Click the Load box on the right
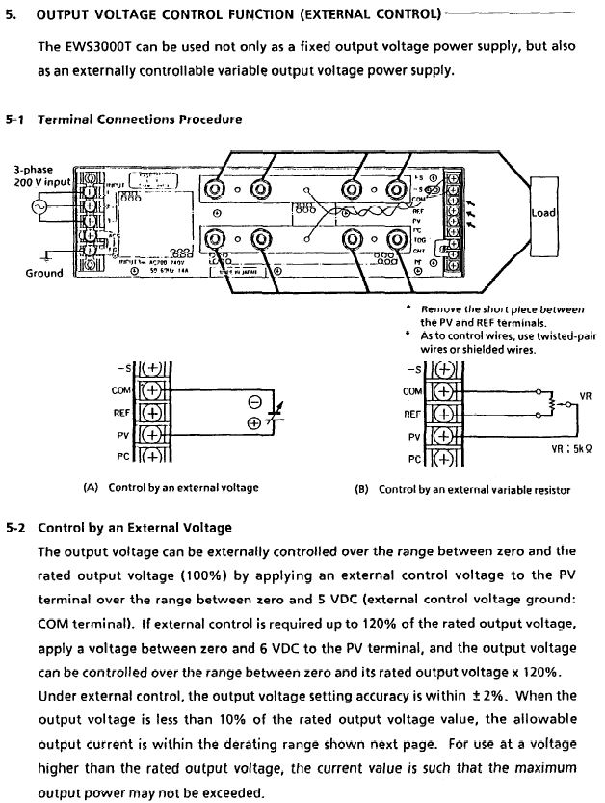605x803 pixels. coord(544,212)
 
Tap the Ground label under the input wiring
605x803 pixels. coord(43,273)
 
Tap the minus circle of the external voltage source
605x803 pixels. coord(253,401)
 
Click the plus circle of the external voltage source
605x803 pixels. coord(253,422)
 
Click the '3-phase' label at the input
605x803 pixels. coord(33,170)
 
